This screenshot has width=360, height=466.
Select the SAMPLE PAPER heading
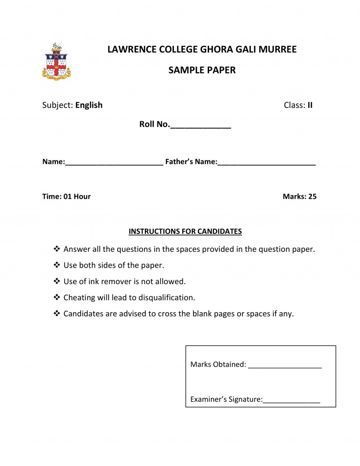[202, 71]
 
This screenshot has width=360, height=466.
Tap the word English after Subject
[89, 105]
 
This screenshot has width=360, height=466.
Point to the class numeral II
[310, 105]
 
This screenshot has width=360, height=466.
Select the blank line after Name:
[114, 165]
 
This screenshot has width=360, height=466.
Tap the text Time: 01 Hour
[67, 196]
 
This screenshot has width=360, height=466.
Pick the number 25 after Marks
[312, 196]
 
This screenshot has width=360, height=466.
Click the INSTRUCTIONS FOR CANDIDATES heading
[185, 231]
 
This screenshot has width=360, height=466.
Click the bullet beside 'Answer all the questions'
[57, 249]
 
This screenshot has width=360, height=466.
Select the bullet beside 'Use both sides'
[57, 265]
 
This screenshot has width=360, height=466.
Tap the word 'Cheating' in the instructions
[79, 297]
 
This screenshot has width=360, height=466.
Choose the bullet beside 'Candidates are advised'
[57, 314]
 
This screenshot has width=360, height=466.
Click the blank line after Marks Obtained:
[285, 367]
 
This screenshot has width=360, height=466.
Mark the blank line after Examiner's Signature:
[292, 402]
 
